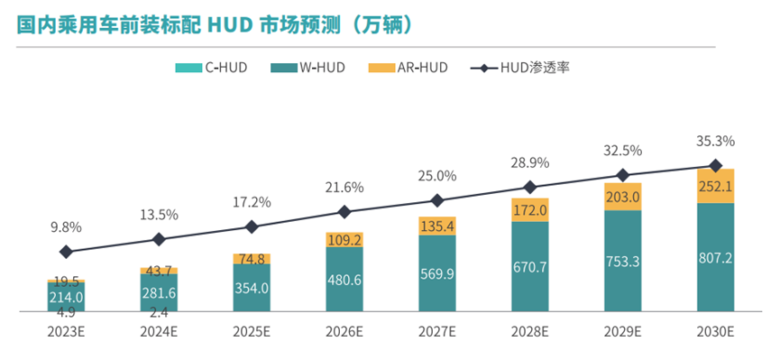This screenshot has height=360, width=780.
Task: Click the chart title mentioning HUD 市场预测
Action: tap(216, 24)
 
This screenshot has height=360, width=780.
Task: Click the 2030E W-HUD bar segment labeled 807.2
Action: tap(715, 257)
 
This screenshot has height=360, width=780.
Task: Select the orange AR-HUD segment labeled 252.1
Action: tap(715, 186)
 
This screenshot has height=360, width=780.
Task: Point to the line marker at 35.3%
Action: tap(715, 166)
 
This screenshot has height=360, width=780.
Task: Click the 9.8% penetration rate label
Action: tap(66, 227)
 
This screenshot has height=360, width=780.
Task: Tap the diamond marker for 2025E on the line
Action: tap(252, 226)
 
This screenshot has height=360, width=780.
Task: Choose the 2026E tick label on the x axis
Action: tap(344, 332)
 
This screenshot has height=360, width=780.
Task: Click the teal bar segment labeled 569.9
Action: tap(437, 274)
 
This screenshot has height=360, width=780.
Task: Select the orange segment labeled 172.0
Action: tap(530, 209)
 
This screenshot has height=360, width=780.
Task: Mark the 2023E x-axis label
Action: tap(66, 332)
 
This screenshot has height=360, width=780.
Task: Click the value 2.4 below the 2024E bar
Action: tap(159, 313)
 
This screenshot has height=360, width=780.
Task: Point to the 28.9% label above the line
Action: tap(530, 163)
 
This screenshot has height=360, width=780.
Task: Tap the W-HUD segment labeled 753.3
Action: tap(622, 262)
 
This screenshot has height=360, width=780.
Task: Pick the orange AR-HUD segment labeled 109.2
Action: tap(344, 240)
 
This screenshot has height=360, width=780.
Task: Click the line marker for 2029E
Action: tap(622, 175)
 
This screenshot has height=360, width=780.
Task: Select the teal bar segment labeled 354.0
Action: tap(252, 289)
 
